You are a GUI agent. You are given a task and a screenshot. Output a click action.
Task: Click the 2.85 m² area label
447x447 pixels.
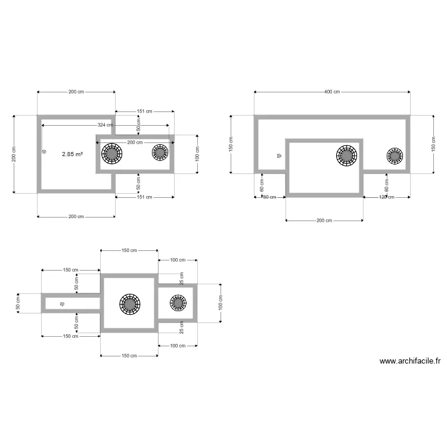[73, 154]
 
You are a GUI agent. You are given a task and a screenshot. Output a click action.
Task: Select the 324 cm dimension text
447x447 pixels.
[105, 126]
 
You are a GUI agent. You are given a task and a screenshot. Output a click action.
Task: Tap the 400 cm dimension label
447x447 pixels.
[332, 92]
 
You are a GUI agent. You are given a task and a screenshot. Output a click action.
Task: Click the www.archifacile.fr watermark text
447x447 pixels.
[410, 361]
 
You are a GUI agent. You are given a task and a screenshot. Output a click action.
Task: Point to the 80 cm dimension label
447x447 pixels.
[269, 197]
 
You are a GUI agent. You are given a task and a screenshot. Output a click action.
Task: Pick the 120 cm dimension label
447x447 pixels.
[386, 197]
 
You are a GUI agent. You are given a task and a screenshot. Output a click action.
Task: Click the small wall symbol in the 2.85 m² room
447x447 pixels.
[44, 151]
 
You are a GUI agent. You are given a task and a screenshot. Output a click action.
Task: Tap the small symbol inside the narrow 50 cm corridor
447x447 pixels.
[62, 304]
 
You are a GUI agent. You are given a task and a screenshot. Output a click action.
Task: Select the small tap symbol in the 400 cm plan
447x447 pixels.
[279, 156]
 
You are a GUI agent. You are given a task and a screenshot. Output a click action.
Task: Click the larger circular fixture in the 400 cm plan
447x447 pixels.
[347, 156]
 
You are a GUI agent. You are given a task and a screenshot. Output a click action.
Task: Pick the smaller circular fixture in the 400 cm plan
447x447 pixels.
[395, 156]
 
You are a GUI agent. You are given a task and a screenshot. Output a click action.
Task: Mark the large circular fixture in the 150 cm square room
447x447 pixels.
[129, 303]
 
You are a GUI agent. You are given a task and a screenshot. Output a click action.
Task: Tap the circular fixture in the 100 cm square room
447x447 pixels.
[178, 303]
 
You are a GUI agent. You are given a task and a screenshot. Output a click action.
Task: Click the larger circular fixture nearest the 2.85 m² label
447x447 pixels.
[112, 154]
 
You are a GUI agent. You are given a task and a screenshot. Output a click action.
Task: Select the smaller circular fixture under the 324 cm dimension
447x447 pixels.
[160, 153]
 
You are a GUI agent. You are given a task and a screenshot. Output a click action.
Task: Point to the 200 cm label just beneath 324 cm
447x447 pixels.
[135, 142]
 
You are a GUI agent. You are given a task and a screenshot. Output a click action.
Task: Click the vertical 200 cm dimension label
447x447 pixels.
[14, 154]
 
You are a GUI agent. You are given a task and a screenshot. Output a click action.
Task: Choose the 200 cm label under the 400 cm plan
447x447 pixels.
[324, 221]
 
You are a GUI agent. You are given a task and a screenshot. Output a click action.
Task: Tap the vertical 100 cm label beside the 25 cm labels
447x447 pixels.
[220, 303]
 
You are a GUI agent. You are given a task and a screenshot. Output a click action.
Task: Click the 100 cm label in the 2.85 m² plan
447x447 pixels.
[197, 154]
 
